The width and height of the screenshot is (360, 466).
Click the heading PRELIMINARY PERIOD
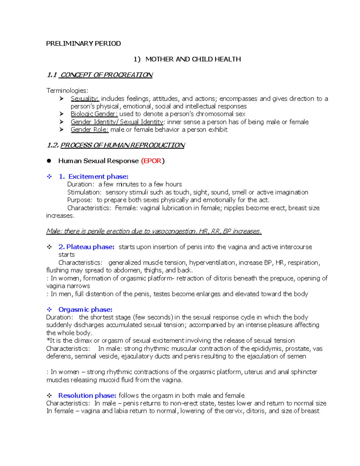click(x=83, y=44)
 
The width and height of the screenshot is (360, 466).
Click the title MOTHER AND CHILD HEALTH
click(x=193, y=59)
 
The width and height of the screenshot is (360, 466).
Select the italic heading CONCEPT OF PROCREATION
click(x=106, y=75)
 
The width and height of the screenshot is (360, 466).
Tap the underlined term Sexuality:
click(x=85, y=99)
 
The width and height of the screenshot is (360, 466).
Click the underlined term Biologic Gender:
click(x=94, y=114)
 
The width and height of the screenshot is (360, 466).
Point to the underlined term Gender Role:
click(x=89, y=130)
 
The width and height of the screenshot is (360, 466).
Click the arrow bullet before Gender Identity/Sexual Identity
click(x=61, y=122)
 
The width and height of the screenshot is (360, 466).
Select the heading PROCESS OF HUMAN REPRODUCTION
click(x=122, y=145)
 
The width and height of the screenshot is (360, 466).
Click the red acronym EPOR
click(x=152, y=161)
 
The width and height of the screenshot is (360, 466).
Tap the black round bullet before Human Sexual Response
click(x=49, y=161)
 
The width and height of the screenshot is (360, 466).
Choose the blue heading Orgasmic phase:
click(x=85, y=309)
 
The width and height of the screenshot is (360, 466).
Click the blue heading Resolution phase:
click(x=87, y=395)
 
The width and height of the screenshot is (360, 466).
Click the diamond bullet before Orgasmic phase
click(x=49, y=309)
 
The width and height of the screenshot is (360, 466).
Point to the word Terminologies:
click(x=67, y=91)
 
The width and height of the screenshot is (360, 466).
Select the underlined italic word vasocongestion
click(x=174, y=231)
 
